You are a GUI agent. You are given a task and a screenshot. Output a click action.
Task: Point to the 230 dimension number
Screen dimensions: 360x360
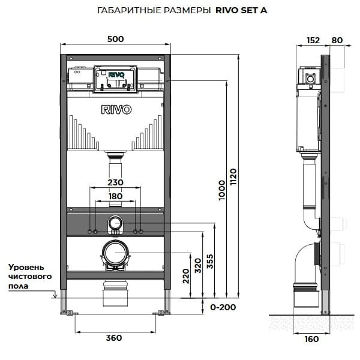tap(115, 182)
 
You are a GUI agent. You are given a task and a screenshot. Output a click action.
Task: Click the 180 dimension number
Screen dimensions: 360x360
tap(115, 196)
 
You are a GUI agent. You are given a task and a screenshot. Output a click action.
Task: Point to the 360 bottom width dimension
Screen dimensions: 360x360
tap(113, 338)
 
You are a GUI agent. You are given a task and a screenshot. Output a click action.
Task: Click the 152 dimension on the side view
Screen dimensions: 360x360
tap(313, 41)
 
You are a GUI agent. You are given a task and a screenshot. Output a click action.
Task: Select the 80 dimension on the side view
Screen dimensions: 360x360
tap(337, 41)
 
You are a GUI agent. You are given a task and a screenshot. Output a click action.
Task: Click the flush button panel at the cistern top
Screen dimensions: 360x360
tap(116, 78)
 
